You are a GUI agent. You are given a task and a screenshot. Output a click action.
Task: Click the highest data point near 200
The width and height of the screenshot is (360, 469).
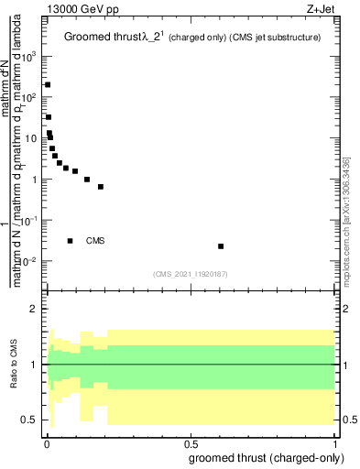coord(48,84)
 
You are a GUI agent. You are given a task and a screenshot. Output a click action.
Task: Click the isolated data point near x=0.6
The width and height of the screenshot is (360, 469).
coord(221,246)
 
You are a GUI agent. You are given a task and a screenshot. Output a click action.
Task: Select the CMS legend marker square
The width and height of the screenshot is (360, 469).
coord(71,241)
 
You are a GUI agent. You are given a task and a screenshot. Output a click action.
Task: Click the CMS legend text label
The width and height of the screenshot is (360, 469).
coord(96,241)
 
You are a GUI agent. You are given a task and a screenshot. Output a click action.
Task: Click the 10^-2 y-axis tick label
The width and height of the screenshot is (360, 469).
coord(30,261)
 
